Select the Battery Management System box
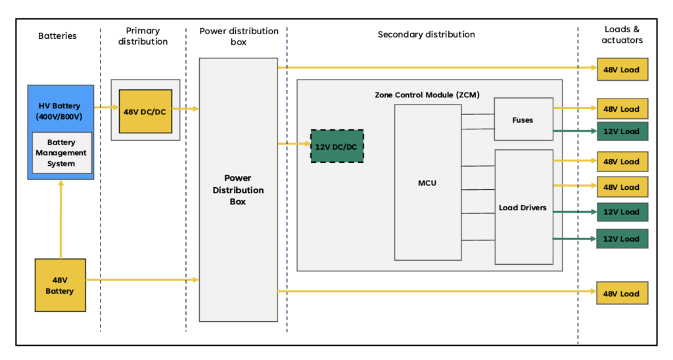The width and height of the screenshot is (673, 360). (60, 153)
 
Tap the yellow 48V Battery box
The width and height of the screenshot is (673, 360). (60, 285)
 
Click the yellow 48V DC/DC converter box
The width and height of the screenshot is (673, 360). (145, 112)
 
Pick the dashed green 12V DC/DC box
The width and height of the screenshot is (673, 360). (337, 146)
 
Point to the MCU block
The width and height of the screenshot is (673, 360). (427, 183)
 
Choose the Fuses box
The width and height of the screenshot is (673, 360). (523, 120)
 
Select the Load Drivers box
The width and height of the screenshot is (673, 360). (523, 208)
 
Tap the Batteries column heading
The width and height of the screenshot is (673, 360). (57, 35)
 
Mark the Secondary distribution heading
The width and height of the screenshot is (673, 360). (426, 34)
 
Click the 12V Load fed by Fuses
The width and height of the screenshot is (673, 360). (622, 131)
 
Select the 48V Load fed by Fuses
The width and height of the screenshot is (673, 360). (622, 109)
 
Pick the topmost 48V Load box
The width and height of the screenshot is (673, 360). (622, 69)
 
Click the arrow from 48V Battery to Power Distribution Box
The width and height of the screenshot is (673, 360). (142, 280)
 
